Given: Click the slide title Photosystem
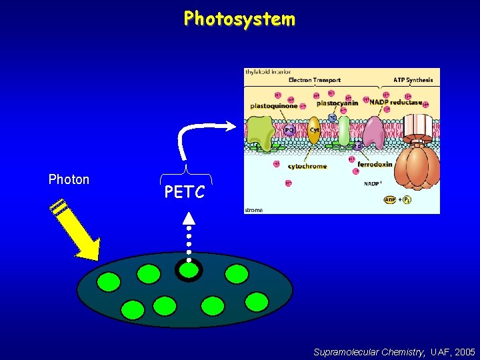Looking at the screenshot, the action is tap(239, 19).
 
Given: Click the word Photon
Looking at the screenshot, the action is tap(69, 179).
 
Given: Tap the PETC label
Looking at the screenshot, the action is tap(185, 193).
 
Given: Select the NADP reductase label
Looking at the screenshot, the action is tap(396, 103).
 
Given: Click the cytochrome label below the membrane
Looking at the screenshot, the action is tap(307, 166).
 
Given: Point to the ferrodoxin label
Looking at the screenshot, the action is tap(374, 164).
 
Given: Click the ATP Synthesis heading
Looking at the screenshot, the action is tap(413, 80).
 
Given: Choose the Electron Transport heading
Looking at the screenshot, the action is tap(314, 80).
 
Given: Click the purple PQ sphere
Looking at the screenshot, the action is tap(290, 131).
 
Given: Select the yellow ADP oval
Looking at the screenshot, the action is tap(391, 199).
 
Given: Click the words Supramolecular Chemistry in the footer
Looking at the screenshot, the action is tap(369, 351).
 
